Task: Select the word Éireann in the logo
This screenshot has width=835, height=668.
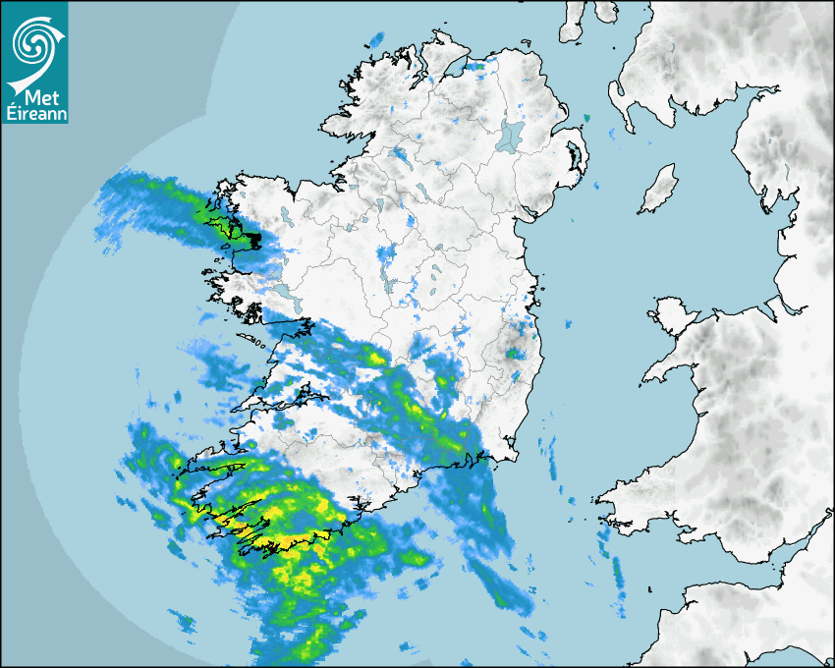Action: pos(34,114)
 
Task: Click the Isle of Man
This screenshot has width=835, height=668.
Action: pos(658,190)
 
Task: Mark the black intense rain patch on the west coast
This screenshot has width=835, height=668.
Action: pos(252,239)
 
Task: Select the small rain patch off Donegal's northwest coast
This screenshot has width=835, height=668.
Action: pos(376,40)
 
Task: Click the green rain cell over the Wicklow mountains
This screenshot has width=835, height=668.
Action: pos(513,352)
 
